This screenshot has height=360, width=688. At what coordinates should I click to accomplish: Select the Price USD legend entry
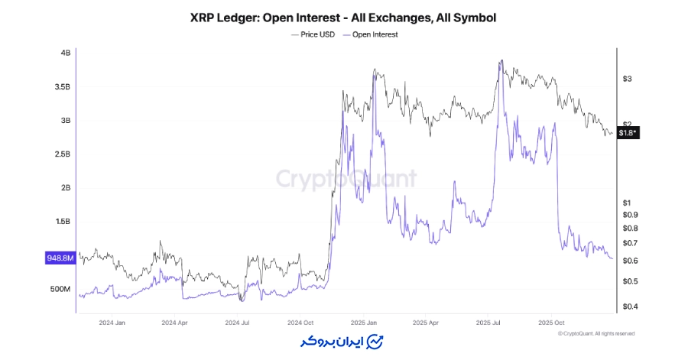click(316, 34)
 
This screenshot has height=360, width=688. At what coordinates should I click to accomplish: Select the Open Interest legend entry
click(373, 34)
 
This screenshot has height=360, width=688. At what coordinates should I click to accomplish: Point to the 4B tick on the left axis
click(65, 53)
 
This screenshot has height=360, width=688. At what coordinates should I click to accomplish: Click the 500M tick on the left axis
click(61, 289)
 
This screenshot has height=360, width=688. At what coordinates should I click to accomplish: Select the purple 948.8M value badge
click(60, 258)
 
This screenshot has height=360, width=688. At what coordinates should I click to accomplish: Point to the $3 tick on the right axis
click(627, 79)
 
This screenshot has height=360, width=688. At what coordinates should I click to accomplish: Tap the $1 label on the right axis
click(627, 203)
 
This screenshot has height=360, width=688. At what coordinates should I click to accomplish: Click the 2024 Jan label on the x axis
click(112, 323)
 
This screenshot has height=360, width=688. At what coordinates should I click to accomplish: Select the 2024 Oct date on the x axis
click(300, 323)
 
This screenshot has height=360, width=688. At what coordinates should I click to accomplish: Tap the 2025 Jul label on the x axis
click(488, 323)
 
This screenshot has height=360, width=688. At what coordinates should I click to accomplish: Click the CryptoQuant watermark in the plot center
click(346, 179)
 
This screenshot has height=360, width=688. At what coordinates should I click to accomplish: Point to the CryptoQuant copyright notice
click(596, 333)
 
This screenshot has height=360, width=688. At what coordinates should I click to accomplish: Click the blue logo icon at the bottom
click(375, 340)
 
